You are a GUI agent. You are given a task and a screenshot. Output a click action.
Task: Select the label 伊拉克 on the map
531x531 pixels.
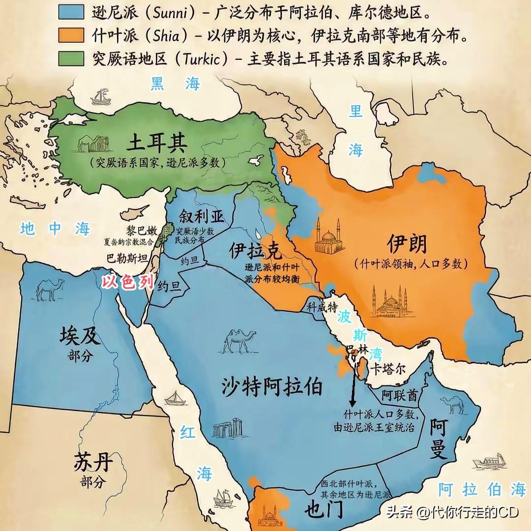click(255, 251)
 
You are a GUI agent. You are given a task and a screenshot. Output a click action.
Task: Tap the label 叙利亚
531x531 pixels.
click(201, 216)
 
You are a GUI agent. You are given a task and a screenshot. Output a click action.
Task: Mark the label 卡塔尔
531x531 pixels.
click(388, 369)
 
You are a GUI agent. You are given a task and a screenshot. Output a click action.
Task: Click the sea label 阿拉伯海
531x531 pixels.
click(482, 489)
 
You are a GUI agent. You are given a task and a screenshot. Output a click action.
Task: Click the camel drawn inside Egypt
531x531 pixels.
click(50, 289)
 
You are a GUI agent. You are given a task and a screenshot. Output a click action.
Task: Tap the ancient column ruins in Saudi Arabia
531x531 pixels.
click(229, 428)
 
